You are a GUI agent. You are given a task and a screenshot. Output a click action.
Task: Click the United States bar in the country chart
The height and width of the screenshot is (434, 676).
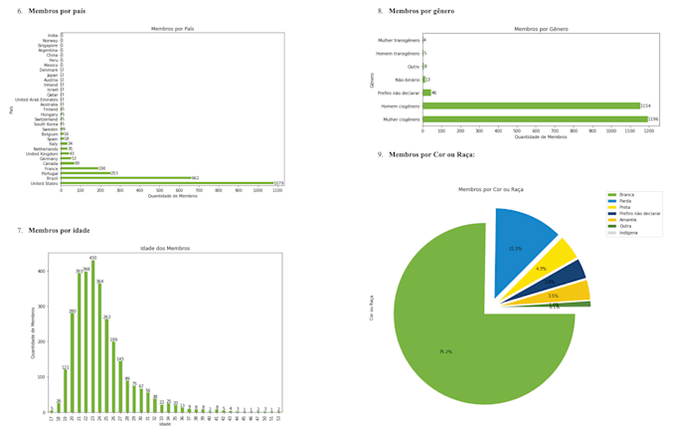[166, 183]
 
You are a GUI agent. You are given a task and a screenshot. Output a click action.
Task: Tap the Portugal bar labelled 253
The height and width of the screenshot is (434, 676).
[84, 173]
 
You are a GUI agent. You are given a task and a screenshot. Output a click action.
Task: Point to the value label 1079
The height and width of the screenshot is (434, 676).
[279, 183]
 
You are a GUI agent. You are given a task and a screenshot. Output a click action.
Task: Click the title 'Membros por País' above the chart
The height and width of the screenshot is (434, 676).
[171, 29]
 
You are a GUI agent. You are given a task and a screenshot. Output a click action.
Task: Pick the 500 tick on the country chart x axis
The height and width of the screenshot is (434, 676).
[159, 190]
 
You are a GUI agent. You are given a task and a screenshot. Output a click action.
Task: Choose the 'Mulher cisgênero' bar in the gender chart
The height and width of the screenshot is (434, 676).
[535, 119]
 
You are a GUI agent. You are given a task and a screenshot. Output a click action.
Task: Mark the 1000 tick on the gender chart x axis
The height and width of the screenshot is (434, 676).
[611, 130]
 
